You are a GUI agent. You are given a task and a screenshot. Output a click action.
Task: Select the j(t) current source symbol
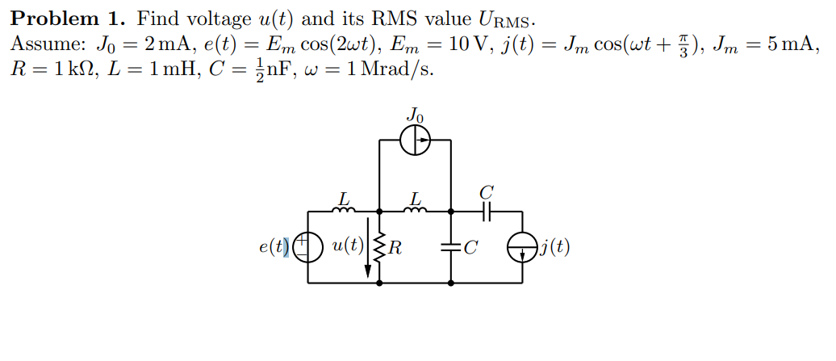pos(521,247)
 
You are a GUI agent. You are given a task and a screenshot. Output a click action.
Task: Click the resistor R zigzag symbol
pos(378,247)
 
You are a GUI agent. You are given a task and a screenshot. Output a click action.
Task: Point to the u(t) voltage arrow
pos(369,247)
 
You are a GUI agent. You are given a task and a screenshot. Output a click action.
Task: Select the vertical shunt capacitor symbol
pos(450,247)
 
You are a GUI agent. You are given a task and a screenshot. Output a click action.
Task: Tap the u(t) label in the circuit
pos(346,246)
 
